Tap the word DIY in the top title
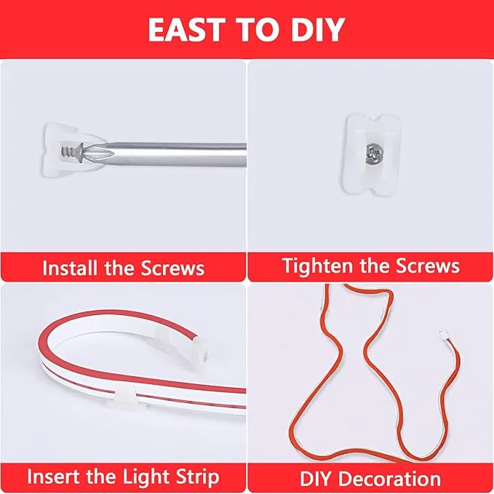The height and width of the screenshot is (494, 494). click(316, 29)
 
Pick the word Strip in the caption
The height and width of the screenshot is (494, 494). click(194, 477)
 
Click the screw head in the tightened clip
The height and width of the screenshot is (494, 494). click(370, 152)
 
